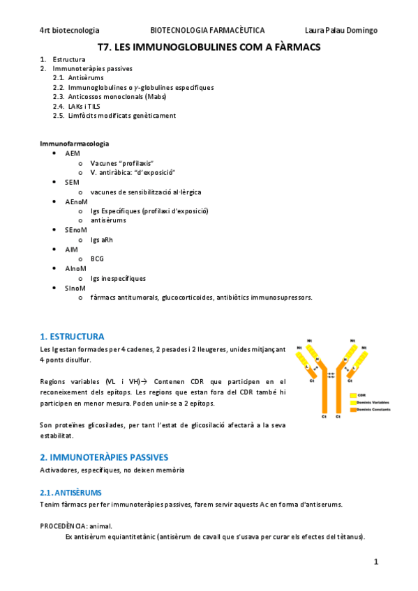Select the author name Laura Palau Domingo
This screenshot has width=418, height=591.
(341, 30)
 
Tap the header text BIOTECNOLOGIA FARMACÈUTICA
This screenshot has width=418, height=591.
(207, 30)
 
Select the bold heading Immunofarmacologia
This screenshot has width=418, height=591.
(74, 143)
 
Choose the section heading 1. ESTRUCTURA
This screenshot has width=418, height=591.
(73, 336)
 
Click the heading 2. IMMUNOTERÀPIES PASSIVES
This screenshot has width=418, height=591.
(104, 457)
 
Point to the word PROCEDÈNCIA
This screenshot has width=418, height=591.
(65, 525)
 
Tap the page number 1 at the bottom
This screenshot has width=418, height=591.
(375, 561)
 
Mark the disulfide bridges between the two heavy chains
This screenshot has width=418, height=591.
(331, 375)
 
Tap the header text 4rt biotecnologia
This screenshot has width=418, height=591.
(69, 30)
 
